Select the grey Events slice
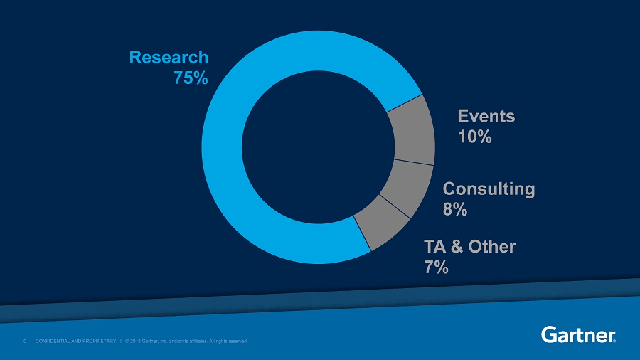pos(414,131)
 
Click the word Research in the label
pos(169,57)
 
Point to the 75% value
pos(191,78)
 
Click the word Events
pos(486,115)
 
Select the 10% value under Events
pos(474,137)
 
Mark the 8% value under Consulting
pos(455,209)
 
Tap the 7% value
pos(436,267)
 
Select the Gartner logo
pos(578,334)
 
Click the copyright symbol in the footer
pos(127,341)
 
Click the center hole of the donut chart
pos(318,147)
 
